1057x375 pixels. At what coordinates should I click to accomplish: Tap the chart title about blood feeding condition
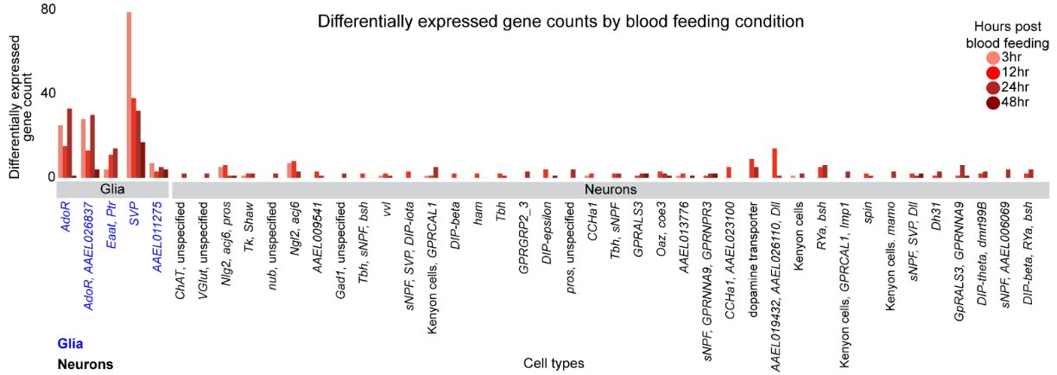(560, 20)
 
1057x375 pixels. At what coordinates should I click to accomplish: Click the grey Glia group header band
(113, 188)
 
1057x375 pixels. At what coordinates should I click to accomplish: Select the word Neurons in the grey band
(610, 188)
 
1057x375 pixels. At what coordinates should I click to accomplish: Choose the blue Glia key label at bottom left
(70, 344)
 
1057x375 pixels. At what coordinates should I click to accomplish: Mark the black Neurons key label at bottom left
(85, 364)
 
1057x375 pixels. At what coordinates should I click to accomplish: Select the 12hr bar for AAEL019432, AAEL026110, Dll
(775, 163)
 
